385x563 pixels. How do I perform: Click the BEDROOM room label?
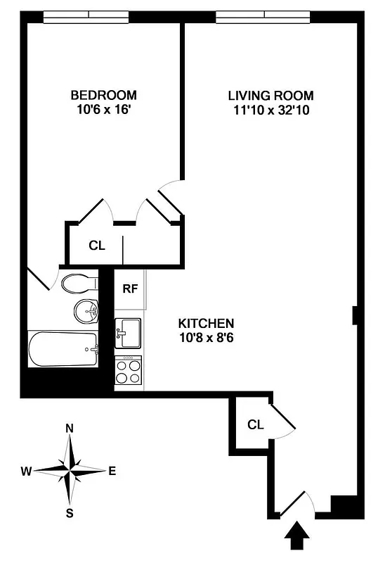[x=103, y=95]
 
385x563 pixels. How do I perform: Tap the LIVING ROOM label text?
[x=270, y=96]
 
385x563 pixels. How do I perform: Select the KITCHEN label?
[x=206, y=323]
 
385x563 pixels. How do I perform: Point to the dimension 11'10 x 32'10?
[x=270, y=110]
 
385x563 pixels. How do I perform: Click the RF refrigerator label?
[x=129, y=289]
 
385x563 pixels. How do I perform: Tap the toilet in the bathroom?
[x=79, y=284]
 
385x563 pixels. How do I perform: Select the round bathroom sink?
[x=86, y=310]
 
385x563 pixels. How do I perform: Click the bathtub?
[x=63, y=349]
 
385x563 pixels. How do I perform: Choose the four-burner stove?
[x=128, y=371]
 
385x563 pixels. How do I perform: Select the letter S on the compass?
[x=70, y=513]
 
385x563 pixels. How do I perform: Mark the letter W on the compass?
[x=27, y=471]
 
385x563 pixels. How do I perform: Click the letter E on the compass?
[x=112, y=471]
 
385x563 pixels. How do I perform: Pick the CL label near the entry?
[x=255, y=425]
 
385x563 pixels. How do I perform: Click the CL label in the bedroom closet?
[x=96, y=246]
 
